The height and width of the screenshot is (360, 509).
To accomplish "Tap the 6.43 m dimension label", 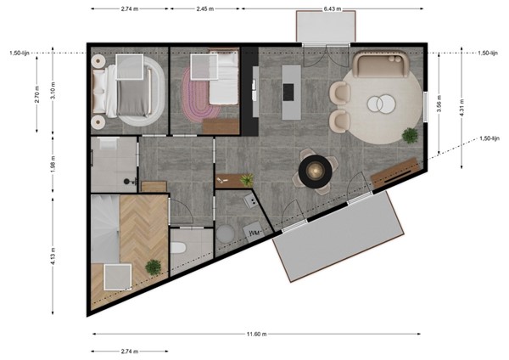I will (x=332, y=9).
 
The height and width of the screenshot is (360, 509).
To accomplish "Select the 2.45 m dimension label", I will (x=204, y=9).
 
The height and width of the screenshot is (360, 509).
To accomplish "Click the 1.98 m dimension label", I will (x=53, y=164).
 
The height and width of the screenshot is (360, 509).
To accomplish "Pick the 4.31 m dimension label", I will (x=461, y=109).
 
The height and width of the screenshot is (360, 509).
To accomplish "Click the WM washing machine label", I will (x=253, y=231).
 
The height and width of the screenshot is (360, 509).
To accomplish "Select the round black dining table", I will (x=315, y=170).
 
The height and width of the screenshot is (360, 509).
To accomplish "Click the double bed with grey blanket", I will (x=131, y=89).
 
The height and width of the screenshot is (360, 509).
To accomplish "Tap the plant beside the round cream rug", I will (x=410, y=134).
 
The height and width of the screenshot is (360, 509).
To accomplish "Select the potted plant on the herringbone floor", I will (x=154, y=267).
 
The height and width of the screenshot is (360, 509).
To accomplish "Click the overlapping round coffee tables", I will (x=379, y=104).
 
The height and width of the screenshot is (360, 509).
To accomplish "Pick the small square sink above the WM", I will (x=251, y=200).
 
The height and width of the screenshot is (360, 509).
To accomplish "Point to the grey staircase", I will (x=105, y=229).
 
